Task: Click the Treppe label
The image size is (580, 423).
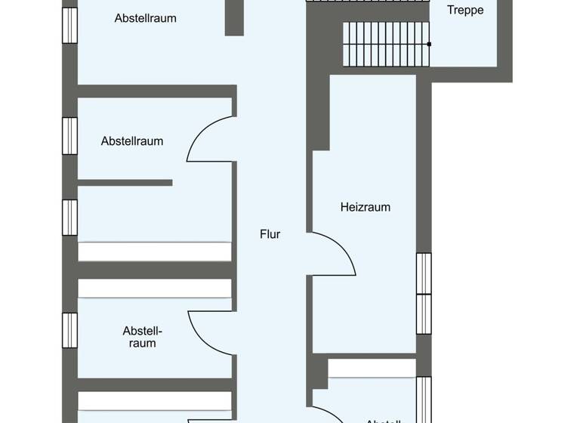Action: (x=465, y=11)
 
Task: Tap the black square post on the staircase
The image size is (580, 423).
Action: (x=429, y=45)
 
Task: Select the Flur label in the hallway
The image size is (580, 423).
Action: (x=270, y=234)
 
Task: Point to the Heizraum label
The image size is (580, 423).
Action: (x=365, y=207)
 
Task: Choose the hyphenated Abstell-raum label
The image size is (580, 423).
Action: (x=142, y=337)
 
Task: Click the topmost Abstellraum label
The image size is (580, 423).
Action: (x=145, y=18)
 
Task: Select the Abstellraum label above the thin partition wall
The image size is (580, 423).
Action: (x=132, y=141)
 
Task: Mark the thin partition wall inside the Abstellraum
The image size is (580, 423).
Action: (x=125, y=183)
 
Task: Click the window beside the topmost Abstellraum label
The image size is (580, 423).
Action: (x=69, y=25)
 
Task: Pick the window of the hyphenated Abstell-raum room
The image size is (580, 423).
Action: (x=69, y=330)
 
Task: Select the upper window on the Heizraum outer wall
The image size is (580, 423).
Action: (x=424, y=273)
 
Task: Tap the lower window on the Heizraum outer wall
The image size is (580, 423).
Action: (x=424, y=313)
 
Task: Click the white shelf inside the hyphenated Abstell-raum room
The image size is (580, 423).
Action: (x=154, y=289)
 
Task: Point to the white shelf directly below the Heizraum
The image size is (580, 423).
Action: (x=372, y=368)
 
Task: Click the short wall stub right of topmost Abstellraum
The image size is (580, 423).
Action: (x=234, y=17)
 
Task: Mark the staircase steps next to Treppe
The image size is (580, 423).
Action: (x=385, y=45)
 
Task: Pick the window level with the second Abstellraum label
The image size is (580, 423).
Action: (x=69, y=136)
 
